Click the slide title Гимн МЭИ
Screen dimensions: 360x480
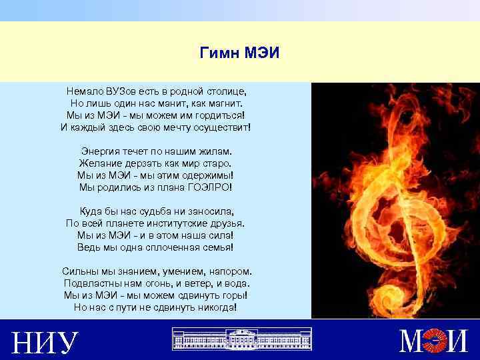click(x=239, y=53)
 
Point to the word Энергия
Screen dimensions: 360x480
click(x=102, y=151)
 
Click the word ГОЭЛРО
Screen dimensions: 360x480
click(x=207, y=187)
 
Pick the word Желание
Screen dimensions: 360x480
click(x=99, y=163)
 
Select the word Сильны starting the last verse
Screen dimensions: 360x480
click(x=77, y=272)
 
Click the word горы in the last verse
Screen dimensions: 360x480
click(x=235, y=296)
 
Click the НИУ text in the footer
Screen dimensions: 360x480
click(x=45, y=341)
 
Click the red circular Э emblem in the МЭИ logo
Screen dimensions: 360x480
click(x=436, y=341)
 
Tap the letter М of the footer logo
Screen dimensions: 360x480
click(x=411, y=341)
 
